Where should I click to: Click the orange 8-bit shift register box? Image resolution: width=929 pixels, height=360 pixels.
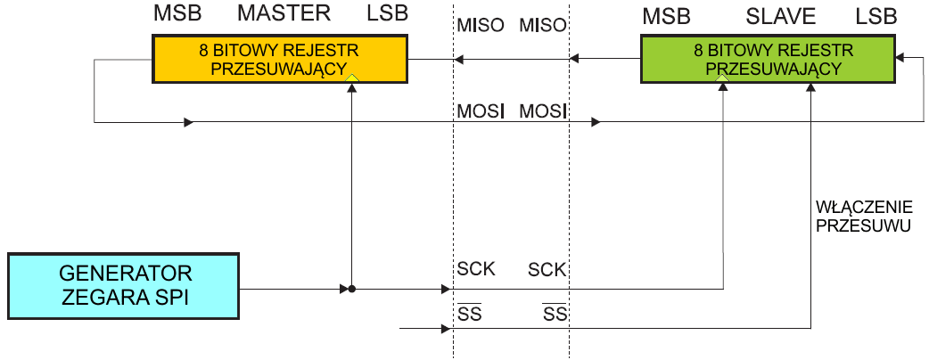278,60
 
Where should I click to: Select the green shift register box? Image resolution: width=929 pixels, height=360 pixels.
768,60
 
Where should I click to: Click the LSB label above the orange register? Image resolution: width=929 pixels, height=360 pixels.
388,15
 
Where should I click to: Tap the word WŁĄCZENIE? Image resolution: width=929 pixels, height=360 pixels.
861,207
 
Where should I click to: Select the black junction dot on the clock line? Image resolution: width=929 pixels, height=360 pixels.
353,289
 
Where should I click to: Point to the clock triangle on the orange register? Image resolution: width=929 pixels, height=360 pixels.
353,79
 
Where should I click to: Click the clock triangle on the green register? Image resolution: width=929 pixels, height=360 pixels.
722,79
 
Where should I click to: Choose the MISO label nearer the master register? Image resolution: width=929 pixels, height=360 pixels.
478,25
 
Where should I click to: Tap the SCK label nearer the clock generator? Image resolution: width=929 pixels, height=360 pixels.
476,269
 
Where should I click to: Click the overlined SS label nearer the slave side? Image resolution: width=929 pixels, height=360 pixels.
555,314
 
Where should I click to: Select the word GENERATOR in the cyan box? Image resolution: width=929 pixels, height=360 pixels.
126,274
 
